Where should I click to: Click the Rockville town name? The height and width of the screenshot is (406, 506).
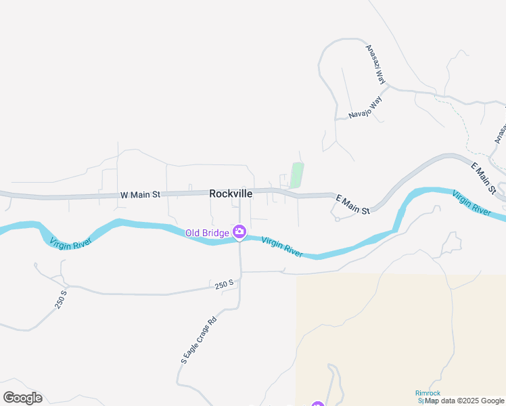pyautogui.click(x=231, y=194)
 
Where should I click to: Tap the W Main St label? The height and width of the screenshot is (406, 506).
pyautogui.click(x=140, y=195)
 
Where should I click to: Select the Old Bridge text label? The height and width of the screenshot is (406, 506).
pyautogui.click(x=208, y=233)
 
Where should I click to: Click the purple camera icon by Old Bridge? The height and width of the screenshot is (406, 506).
pyautogui.click(x=239, y=233)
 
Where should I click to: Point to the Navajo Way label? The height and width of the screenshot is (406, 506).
pyautogui.click(x=366, y=106)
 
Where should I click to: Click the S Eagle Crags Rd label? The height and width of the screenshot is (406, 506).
pyautogui.click(x=198, y=340)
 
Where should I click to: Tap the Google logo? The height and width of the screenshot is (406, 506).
pyautogui.click(x=22, y=398)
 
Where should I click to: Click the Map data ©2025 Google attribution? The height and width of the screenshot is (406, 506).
pyautogui.click(x=464, y=401)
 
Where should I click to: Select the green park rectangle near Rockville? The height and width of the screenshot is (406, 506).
pyautogui.click(x=296, y=175)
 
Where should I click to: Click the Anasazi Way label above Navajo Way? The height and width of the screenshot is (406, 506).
pyautogui.click(x=375, y=65)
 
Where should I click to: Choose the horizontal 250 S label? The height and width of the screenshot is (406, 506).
pyautogui.click(x=225, y=285)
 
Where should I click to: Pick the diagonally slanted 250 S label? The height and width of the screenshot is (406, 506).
pyautogui.click(x=62, y=300)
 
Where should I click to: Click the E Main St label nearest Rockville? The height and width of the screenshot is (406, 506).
pyautogui.click(x=353, y=205)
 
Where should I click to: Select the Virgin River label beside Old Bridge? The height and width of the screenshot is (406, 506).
pyautogui.click(x=282, y=246)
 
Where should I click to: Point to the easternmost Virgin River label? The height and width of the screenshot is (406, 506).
pyautogui.click(x=471, y=202)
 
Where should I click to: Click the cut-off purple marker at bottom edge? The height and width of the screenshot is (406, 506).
pyautogui.click(x=318, y=404)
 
